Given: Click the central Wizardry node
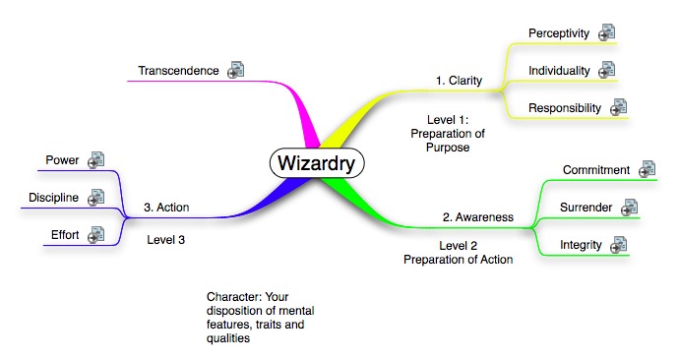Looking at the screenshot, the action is (x=317, y=163).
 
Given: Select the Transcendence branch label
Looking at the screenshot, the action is (x=178, y=71).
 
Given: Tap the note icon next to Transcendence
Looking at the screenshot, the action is (x=236, y=70).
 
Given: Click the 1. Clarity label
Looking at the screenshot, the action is (x=459, y=81).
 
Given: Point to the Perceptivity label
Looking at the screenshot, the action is (x=559, y=33).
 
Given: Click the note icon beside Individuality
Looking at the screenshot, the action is (x=607, y=70).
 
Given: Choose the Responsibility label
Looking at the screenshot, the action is (x=565, y=108).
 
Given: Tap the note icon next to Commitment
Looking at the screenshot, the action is (x=647, y=169).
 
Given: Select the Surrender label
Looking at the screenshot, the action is (x=586, y=208).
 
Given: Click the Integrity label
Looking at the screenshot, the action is (x=581, y=245).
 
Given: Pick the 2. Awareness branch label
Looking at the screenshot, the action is (x=478, y=217).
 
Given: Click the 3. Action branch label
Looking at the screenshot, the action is (x=166, y=208).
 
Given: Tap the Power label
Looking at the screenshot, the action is (x=62, y=160).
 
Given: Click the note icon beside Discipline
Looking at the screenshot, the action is (x=95, y=198).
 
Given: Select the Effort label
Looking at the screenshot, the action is (x=65, y=235).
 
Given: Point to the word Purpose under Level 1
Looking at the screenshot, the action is (x=448, y=148).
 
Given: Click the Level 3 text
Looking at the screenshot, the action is (x=166, y=240).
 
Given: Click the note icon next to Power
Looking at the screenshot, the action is (x=95, y=159).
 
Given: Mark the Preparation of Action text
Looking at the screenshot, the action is (x=459, y=260).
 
